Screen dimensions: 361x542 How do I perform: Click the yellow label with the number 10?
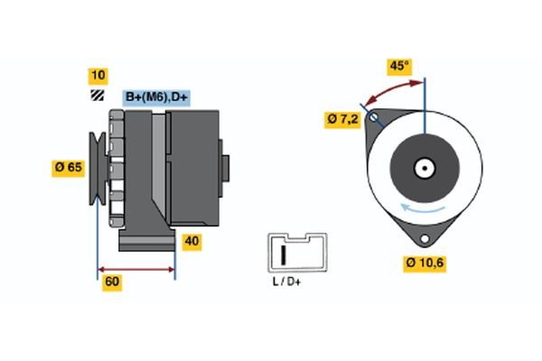click(97, 74)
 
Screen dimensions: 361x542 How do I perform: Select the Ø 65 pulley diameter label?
click(69, 166)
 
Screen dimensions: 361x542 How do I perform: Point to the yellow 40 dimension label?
click(192, 241)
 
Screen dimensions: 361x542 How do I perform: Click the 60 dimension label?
click(112, 282)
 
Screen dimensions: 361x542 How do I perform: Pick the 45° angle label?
click(398, 65)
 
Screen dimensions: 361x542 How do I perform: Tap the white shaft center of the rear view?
click(423, 167)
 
